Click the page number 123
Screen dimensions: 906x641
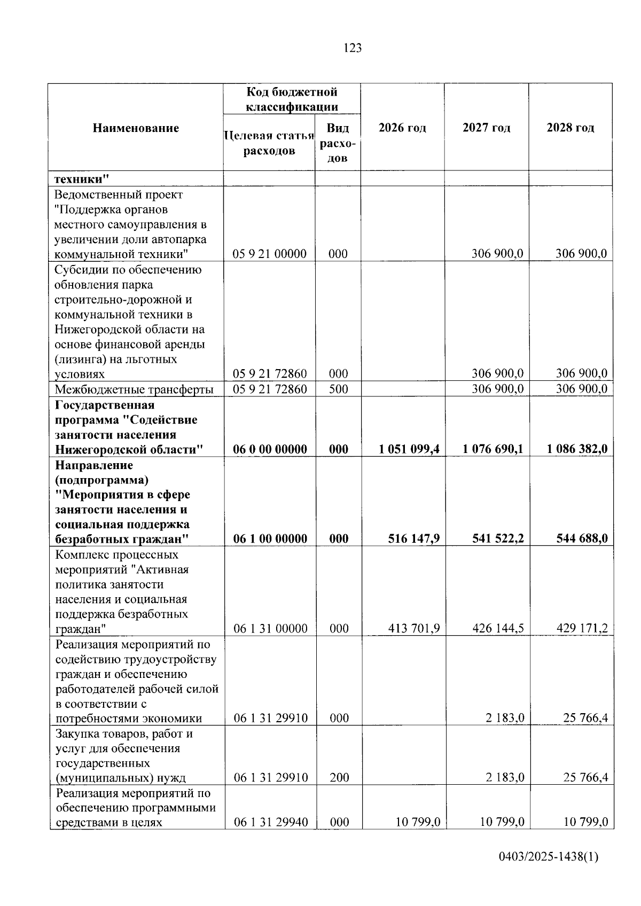353,48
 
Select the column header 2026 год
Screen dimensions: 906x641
402,128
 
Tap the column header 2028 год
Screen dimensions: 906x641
570,128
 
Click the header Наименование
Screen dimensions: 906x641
136,128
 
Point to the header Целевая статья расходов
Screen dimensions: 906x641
269,143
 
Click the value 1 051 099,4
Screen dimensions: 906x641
409,449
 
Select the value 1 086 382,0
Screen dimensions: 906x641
577,449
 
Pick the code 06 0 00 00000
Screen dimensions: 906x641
270,449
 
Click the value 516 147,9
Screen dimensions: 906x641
414,538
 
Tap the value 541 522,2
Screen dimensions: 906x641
498,538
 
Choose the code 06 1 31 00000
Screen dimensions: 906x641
270,629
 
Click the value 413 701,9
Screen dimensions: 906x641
414,629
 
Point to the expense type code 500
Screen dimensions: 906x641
338,389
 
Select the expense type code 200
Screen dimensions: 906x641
339,778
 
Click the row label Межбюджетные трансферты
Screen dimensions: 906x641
134,389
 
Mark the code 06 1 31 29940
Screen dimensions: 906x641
270,822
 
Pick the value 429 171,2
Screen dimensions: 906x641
582,629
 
